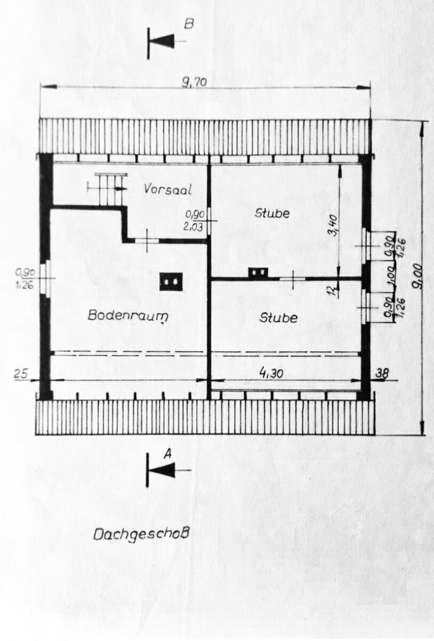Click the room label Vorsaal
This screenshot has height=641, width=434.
click(x=169, y=188)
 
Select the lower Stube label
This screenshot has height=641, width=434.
click(x=278, y=317)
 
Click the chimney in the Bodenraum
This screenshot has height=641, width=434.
click(x=171, y=281)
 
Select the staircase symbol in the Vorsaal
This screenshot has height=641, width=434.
click(x=111, y=188)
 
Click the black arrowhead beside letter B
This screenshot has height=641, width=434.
click(x=164, y=41)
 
